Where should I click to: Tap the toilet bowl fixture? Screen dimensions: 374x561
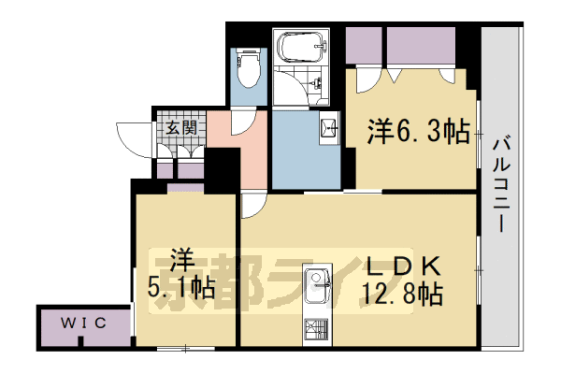[249, 69]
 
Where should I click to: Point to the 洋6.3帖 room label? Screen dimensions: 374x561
[418, 134]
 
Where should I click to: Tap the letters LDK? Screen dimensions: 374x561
[401, 266]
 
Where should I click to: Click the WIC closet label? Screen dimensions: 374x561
[83, 324]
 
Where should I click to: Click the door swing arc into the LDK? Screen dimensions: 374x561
[252, 206]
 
